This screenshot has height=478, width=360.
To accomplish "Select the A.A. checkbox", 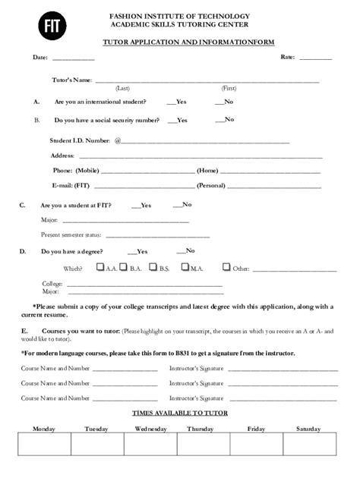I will pyautogui.click(x=100, y=267).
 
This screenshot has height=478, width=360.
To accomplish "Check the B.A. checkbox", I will pyautogui.click(x=125, y=267).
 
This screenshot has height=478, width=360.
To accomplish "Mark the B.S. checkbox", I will pyautogui.click(x=153, y=267).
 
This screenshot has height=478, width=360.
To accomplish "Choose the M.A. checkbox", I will pyautogui.click(x=185, y=267).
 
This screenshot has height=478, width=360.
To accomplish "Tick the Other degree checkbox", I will pyautogui.click(x=226, y=267).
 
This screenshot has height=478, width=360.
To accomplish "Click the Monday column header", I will pyautogui.click(x=44, y=429).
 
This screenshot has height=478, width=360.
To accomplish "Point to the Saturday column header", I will pyautogui.click(x=308, y=429).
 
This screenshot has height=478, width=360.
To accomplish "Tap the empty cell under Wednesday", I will pyautogui.click(x=150, y=445).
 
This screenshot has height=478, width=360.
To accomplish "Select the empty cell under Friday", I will pyautogui.click(x=256, y=445).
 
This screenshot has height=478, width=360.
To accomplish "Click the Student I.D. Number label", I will pyautogui.click(x=80, y=140).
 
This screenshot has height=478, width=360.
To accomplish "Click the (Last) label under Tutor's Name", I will pyautogui.click(x=122, y=88).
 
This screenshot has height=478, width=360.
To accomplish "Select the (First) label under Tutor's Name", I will pyautogui.click(x=229, y=88).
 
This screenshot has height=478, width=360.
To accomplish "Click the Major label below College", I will pyautogui.click(x=30, y=291).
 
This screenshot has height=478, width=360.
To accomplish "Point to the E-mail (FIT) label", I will pyautogui.click(x=71, y=185).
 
